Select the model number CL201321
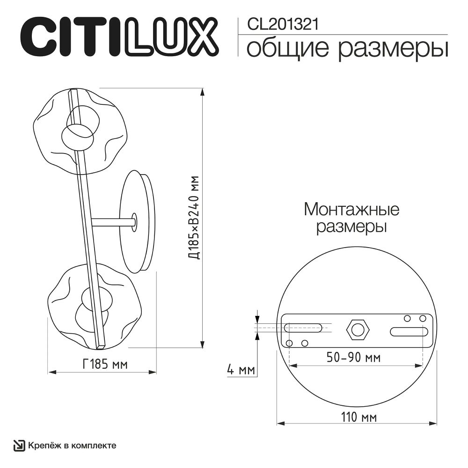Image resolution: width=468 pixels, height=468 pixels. [279, 24]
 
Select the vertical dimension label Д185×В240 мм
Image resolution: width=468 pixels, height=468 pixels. [194, 218]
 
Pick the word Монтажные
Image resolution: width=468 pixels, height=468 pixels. [351, 209]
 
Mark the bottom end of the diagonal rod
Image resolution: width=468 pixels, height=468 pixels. [100, 347]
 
